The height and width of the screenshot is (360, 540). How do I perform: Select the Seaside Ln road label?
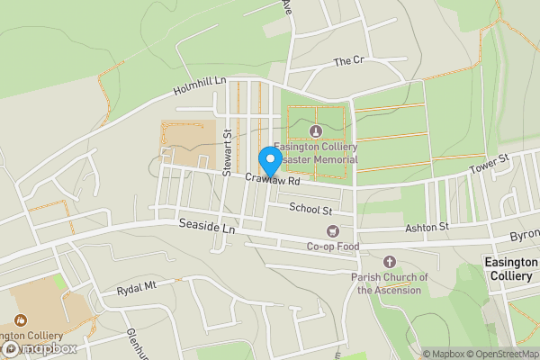(206, 227)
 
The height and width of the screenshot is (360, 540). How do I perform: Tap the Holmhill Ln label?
(200, 88)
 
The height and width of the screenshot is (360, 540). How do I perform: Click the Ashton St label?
(426, 228)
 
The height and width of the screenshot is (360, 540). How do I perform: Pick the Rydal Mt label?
(137, 289)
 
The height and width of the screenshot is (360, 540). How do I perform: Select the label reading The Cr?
(347, 61)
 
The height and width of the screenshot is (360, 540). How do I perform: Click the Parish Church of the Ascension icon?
(388, 262)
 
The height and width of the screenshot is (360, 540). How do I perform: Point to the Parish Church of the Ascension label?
(387, 283)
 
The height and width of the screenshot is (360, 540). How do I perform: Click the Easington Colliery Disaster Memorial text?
(316, 153)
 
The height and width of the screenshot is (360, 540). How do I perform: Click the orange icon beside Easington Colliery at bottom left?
(21, 319)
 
